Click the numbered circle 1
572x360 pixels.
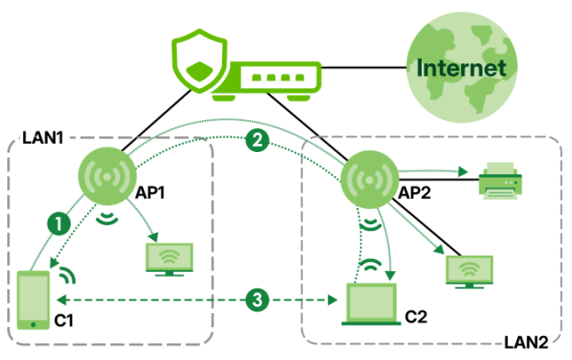click(59, 224)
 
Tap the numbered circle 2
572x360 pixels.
click(258, 140)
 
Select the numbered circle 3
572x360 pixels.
click(258, 300)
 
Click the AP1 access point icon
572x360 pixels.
click(107, 177)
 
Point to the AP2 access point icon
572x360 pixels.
click(369, 180)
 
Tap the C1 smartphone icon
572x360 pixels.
click(34, 300)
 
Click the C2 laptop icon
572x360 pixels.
click(371, 304)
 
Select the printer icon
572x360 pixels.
click(500, 181)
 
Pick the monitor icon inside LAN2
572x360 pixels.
click(469, 272)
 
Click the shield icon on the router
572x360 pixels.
click(199, 61)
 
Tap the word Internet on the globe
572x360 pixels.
click(461, 68)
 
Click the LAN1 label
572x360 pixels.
click(43, 137)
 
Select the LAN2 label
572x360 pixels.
click(526, 343)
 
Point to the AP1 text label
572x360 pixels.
click(150, 192)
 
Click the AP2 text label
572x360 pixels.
click(414, 192)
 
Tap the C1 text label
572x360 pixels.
click(64, 321)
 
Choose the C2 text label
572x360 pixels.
click(416, 317)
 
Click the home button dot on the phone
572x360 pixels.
click(33, 324)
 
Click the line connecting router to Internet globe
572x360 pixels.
click(364, 68)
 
